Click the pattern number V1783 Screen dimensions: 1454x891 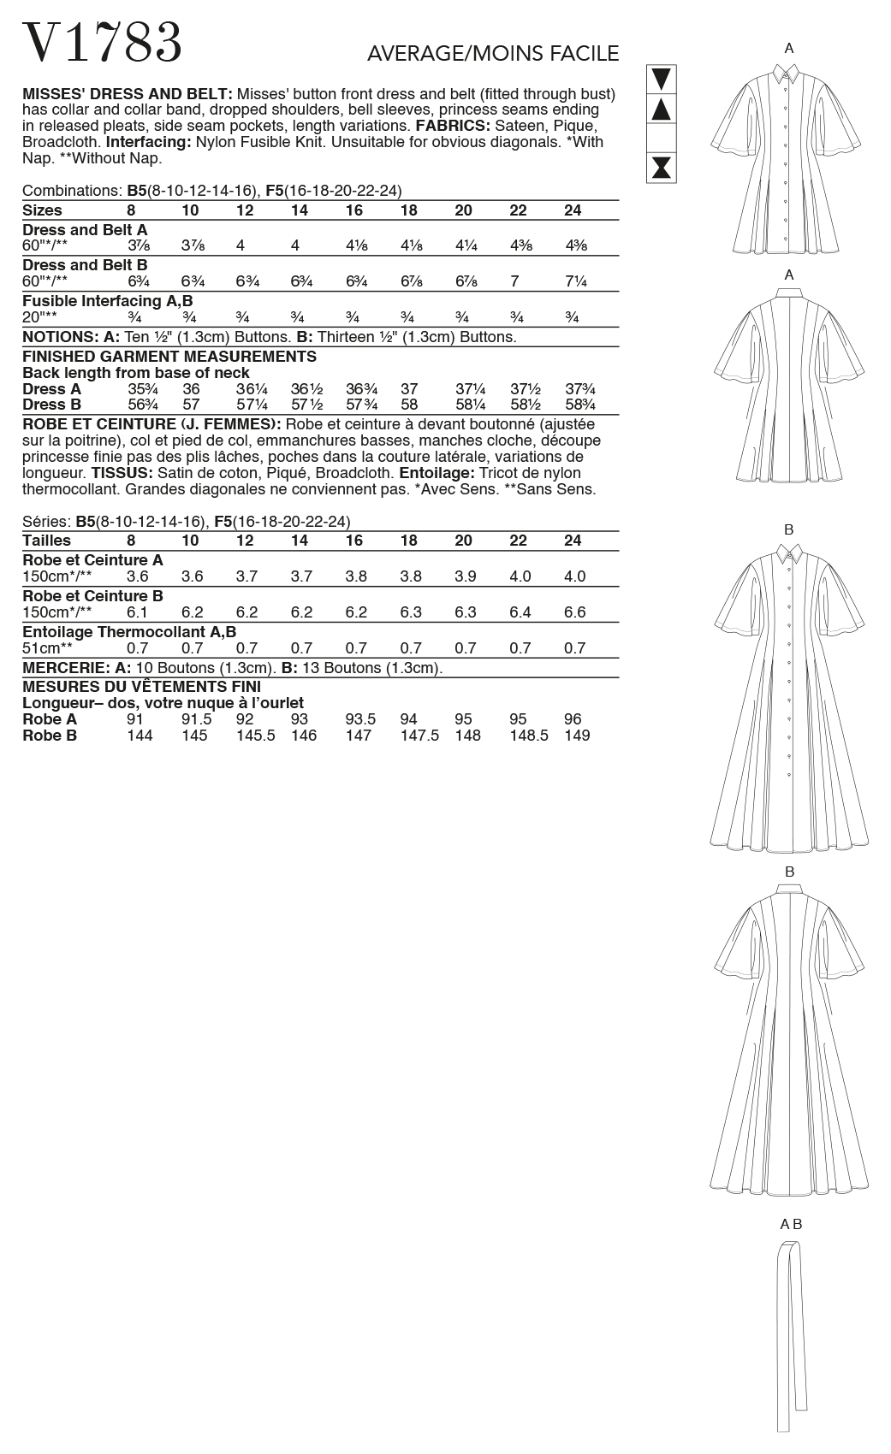pyautogui.click(x=102, y=44)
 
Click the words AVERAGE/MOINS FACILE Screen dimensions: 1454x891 pyautogui.click(x=492, y=54)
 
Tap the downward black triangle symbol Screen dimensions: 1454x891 pyautogui.click(x=661, y=80)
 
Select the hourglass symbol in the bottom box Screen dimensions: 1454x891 pyautogui.click(x=661, y=167)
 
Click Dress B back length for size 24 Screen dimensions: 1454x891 pyautogui.click(x=579, y=405)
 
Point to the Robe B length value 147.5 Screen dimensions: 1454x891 pyautogui.click(x=419, y=736)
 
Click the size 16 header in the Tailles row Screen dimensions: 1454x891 pyautogui.click(x=355, y=541)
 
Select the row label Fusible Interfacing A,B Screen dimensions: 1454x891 pyautogui.click(x=108, y=301)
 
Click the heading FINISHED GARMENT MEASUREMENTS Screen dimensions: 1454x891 pyautogui.click(x=169, y=357)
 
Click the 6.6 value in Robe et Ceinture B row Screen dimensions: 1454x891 pyautogui.click(x=575, y=612)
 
